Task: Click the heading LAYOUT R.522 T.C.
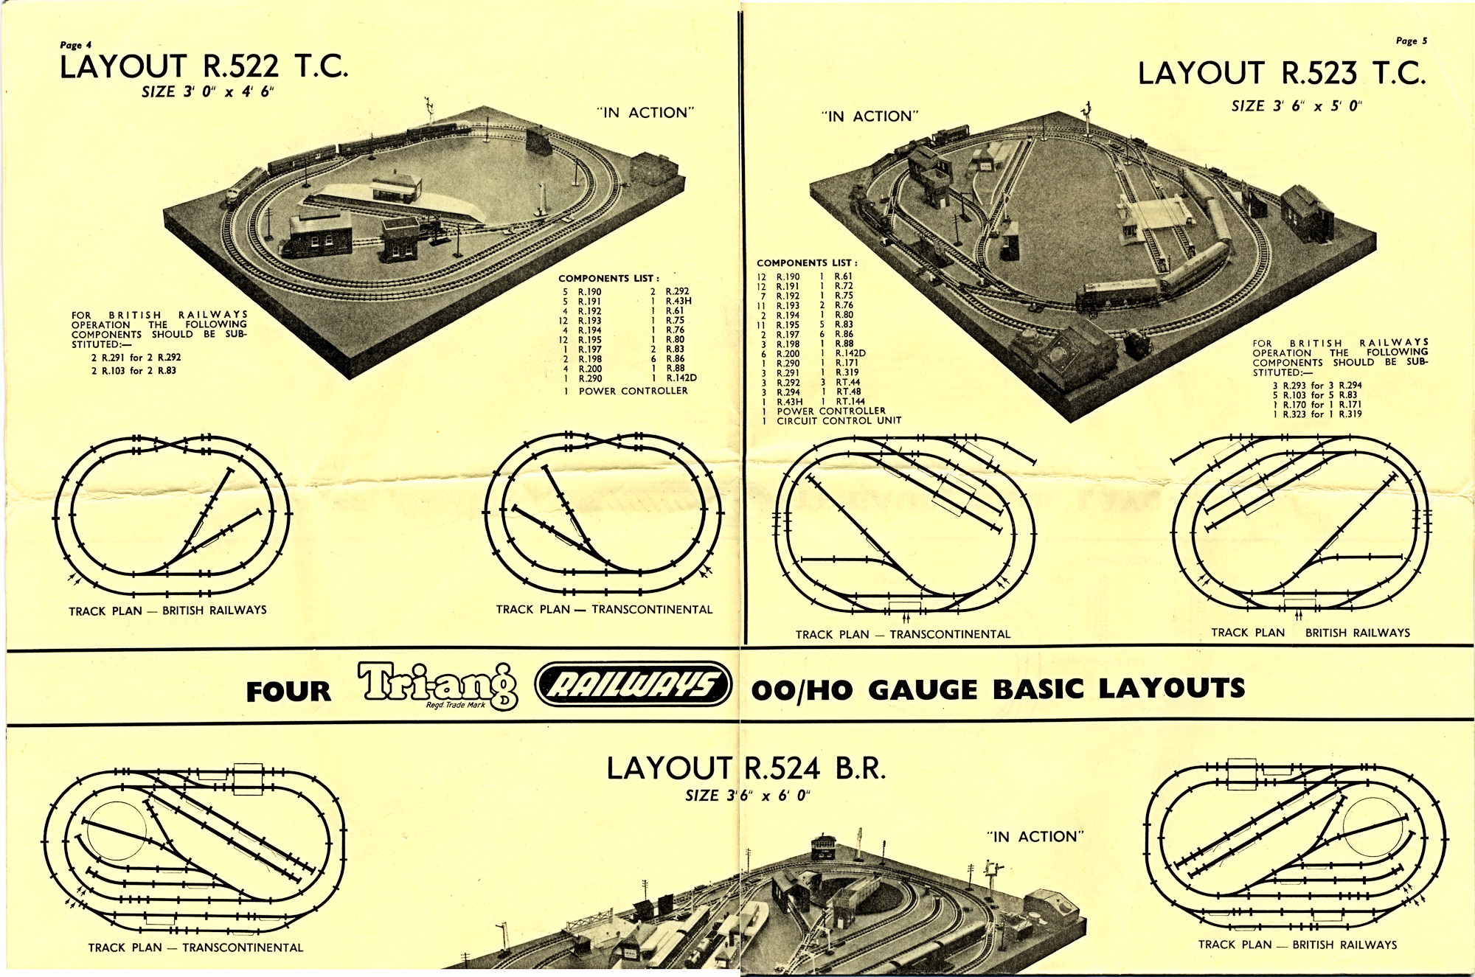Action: (x=204, y=67)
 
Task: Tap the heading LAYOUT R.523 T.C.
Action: (x=1282, y=73)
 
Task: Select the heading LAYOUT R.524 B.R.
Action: (x=746, y=769)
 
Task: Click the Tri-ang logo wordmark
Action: (x=438, y=685)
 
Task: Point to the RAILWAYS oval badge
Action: (x=632, y=684)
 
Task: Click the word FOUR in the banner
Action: (x=288, y=692)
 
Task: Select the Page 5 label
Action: (x=1411, y=41)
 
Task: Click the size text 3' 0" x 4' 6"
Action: (x=210, y=92)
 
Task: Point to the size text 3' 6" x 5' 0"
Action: (x=1297, y=105)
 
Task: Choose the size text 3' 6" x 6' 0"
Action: (x=747, y=796)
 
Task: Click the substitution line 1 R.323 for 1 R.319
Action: (x=1317, y=414)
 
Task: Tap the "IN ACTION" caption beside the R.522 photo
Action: (x=645, y=113)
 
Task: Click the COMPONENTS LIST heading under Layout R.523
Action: (x=807, y=263)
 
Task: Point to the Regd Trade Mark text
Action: (x=456, y=706)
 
